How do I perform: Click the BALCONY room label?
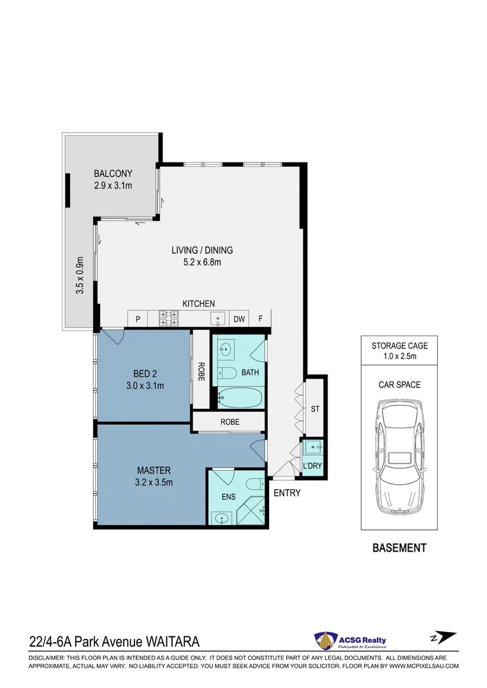[x=113, y=173]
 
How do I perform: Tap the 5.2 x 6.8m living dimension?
[x=202, y=262]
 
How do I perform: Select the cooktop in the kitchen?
[x=169, y=319]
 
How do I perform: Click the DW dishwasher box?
[x=239, y=319]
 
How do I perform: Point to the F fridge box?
[x=260, y=319]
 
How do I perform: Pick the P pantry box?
[x=138, y=319]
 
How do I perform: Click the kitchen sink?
[x=218, y=318]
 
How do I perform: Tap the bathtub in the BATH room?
[x=240, y=398]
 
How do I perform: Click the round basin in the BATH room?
[x=225, y=350]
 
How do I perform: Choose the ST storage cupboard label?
[x=316, y=409]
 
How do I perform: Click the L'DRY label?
[x=312, y=466]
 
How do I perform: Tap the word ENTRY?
[x=287, y=493]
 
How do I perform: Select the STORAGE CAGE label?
[x=400, y=346]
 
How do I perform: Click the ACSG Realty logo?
[x=350, y=640]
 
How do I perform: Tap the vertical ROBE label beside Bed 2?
[x=201, y=371]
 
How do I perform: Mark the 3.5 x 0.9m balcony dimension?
[x=80, y=275]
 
